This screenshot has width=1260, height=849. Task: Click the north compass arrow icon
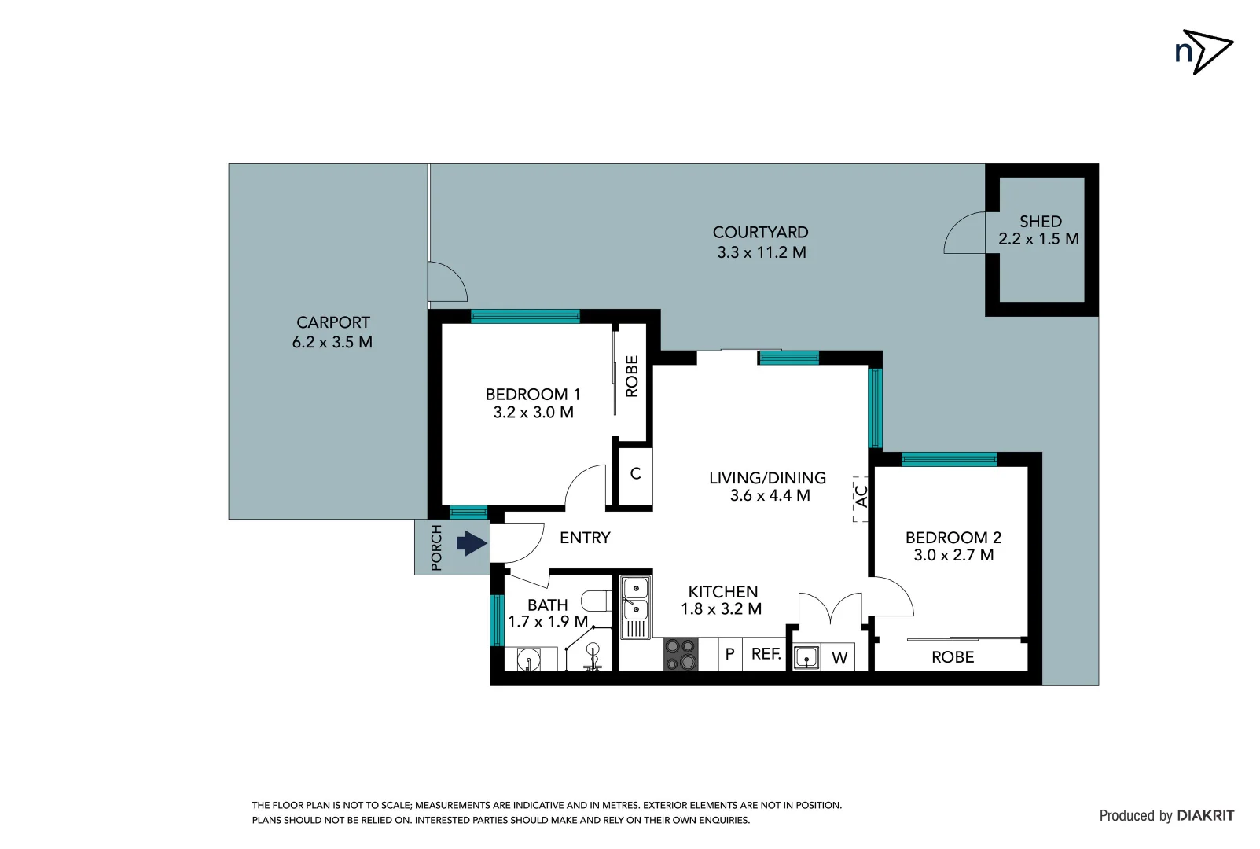tap(1204, 52)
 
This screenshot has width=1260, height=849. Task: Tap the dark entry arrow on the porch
tap(472, 543)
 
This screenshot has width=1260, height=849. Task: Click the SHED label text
tap(1040, 222)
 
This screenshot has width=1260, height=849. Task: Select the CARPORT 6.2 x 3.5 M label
tap(332, 333)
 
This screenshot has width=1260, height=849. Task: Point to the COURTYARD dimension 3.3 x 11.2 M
tap(761, 252)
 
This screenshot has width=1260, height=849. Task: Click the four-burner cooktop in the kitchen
tap(681, 654)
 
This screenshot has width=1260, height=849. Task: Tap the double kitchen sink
tap(635, 598)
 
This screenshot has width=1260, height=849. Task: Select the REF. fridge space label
tap(766, 654)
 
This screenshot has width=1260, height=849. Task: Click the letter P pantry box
tap(729, 654)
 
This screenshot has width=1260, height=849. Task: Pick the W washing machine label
tap(839, 658)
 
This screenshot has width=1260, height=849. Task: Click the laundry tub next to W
tap(806, 657)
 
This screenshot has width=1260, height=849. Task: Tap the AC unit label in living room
tap(861, 496)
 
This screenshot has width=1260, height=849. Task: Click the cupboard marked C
tap(635, 474)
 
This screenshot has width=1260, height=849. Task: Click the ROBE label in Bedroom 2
tap(953, 657)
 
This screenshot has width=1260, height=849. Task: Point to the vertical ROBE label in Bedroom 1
tap(632, 376)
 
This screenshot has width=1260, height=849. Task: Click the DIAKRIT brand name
tap(1205, 816)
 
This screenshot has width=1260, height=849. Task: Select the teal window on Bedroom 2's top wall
tap(949, 460)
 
